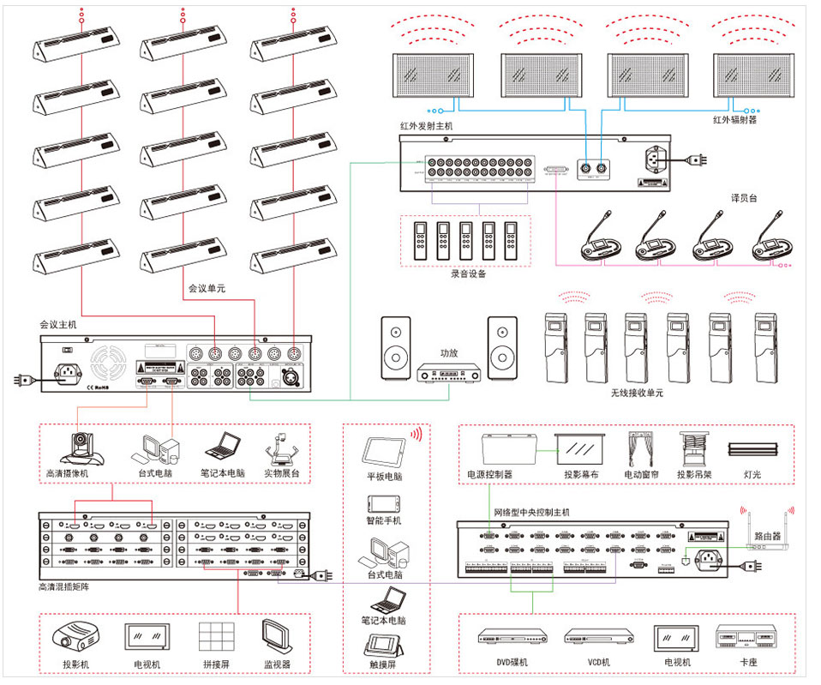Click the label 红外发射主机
coord(426,126)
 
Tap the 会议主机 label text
coord(57,325)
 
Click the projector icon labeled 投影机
coord(75,637)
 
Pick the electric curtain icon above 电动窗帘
coord(641,448)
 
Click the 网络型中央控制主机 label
coord(531,512)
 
